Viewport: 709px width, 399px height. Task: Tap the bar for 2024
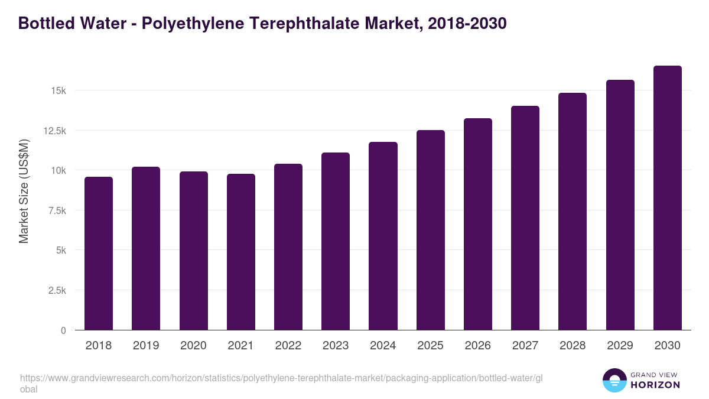click(383, 236)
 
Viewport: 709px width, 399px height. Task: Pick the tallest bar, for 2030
click(667, 198)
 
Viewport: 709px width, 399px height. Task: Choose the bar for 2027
click(525, 218)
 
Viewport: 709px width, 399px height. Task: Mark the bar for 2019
click(146, 248)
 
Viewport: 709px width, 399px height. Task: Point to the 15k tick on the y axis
click(58, 90)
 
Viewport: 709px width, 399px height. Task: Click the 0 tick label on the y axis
click(63, 330)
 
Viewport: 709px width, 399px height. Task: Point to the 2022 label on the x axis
click(288, 346)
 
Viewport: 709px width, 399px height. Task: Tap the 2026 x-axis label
click(477, 346)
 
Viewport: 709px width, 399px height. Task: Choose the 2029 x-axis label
click(620, 346)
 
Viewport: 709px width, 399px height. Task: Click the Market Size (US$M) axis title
click(24, 191)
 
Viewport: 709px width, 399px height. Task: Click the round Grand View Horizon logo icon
click(614, 380)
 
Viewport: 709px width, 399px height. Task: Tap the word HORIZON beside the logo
click(655, 385)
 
